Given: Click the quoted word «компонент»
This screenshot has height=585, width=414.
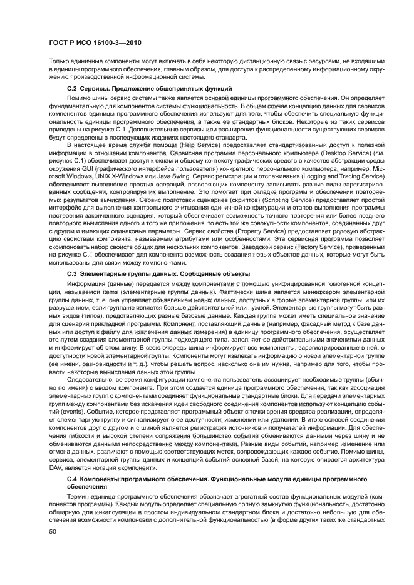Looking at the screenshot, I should [138, 469].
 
